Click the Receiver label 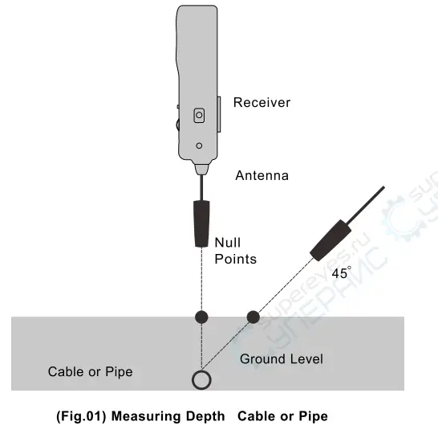coord(262,102)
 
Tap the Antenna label coord(262,175)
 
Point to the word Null coord(227,242)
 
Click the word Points coord(235,259)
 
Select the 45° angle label coord(341,273)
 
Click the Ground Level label coord(282,358)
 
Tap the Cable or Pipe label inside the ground coord(90,371)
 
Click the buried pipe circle coord(201,379)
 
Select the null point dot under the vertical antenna coord(202,316)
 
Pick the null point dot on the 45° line coord(253,316)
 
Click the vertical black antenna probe coord(201,223)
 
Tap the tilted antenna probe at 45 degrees coord(331,240)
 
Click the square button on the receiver coord(199,116)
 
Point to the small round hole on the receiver coord(200,145)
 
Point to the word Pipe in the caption coord(312,416)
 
